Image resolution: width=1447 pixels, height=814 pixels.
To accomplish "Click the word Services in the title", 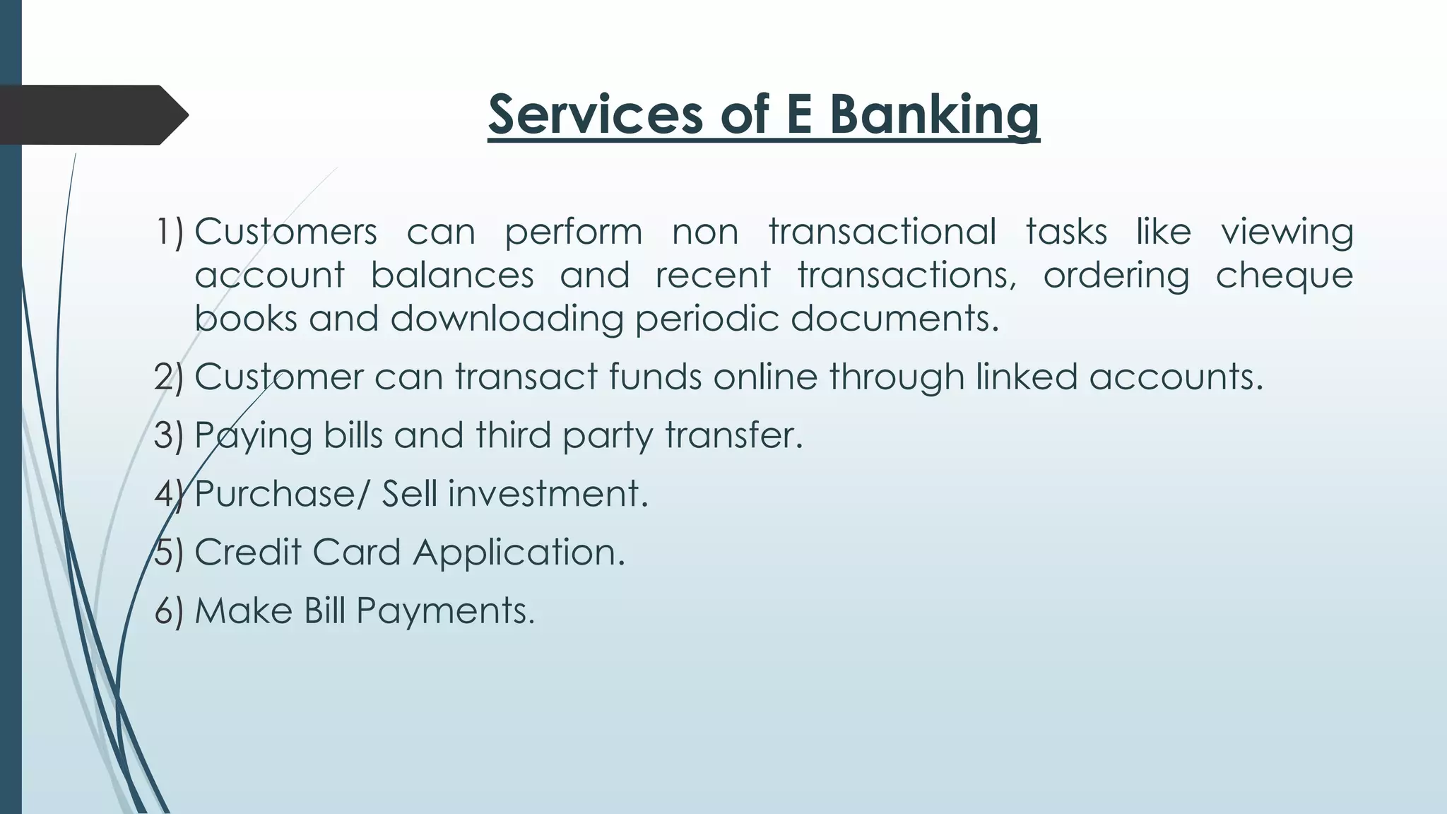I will (596, 114).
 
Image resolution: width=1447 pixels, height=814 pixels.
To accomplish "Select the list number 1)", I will (169, 232).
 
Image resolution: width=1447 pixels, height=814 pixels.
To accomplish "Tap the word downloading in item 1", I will (507, 319).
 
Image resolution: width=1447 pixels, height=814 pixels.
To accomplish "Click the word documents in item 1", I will (894, 319).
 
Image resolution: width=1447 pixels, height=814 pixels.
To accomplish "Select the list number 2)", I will (169, 377).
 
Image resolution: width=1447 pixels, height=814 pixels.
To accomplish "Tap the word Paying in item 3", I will (253, 436).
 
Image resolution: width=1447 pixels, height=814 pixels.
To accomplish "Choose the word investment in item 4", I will (548, 494).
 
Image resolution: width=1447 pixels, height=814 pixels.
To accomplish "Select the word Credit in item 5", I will (247, 552).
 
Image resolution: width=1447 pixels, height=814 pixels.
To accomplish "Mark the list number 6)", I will (169, 610).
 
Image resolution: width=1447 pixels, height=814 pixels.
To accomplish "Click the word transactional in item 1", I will (882, 232).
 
